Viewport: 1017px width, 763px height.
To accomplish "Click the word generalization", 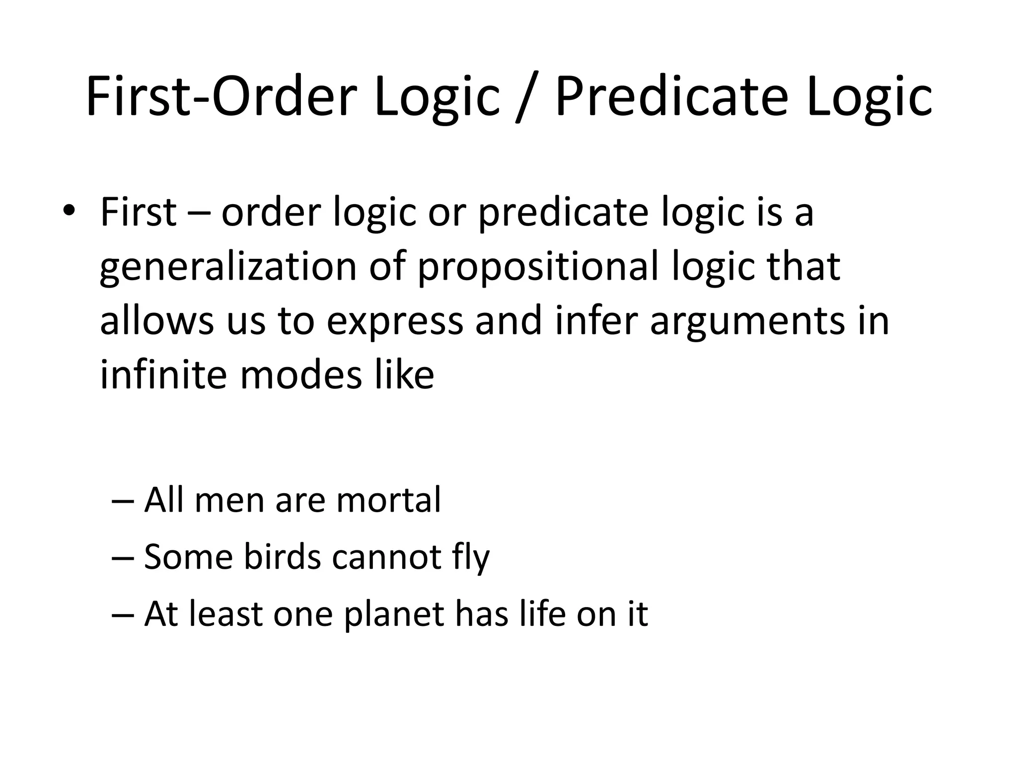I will (228, 267).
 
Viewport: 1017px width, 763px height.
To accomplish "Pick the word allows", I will (156, 320).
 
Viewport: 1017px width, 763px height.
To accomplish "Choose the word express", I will (394, 321).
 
